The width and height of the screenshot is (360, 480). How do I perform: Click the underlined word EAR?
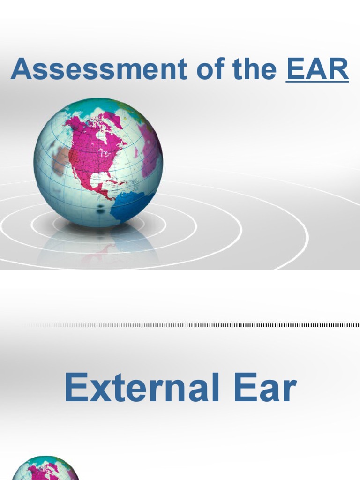317,69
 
